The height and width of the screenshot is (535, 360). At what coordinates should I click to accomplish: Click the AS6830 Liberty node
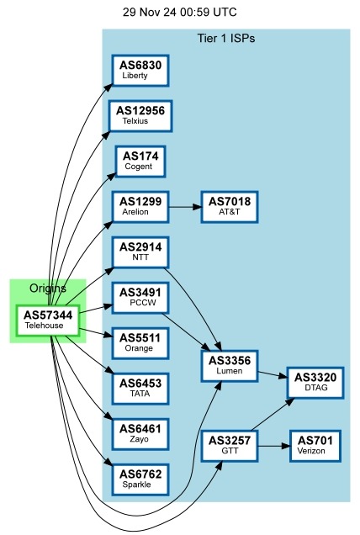[140, 70]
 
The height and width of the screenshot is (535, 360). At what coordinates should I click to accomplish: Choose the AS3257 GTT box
[230, 445]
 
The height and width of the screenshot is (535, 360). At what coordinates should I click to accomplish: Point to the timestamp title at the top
[179, 13]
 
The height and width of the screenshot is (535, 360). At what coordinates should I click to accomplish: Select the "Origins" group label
[48, 289]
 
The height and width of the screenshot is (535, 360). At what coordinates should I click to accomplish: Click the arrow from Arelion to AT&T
[184, 206]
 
